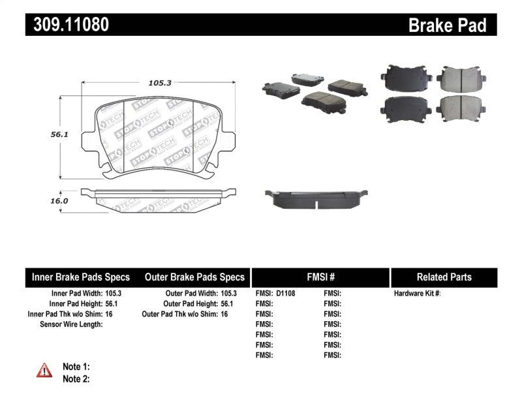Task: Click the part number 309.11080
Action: pyautogui.click(x=67, y=25)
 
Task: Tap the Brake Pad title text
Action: pyautogui.click(x=447, y=25)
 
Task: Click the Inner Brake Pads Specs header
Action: pyautogui.click(x=81, y=277)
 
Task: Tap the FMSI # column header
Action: pyautogui.click(x=320, y=277)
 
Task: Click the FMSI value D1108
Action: pyautogui.click(x=286, y=294)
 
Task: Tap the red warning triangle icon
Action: pyautogui.click(x=44, y=370)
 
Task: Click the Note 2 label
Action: pyautogui.click(x=76, y=379)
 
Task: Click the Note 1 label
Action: pyautogui.click(x=76, y=367)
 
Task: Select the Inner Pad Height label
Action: pyautogui.click(x=75, y=303)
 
